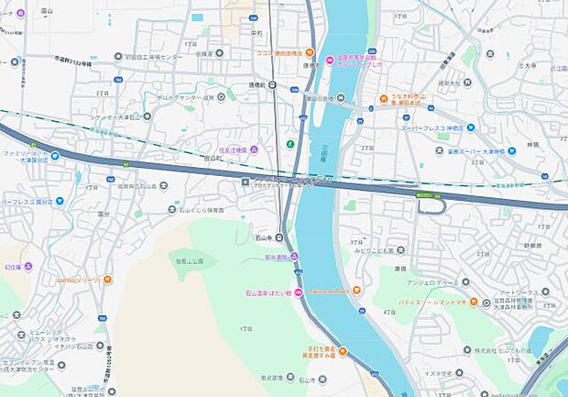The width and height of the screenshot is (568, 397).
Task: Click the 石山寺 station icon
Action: (x=280, y=237)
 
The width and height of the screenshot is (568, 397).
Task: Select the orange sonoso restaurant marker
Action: (x=107, y=280)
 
